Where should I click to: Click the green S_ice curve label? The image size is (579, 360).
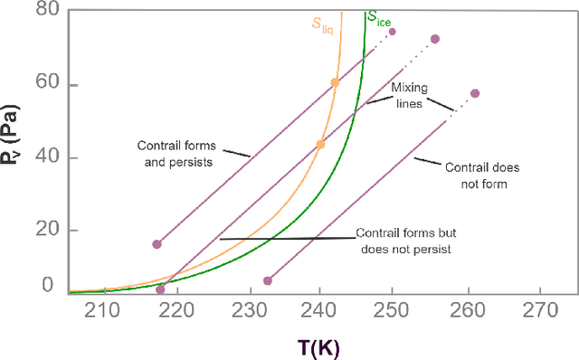(x=379, y=16)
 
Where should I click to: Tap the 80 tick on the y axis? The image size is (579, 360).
(x=44, y=11)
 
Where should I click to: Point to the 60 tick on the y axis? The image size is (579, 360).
(x=44, y=85)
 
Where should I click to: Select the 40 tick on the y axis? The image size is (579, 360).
(x=44, y=157)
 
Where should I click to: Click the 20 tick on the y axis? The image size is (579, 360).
(x=44, y=230)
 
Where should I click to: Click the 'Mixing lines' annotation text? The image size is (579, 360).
(x=409, y=96)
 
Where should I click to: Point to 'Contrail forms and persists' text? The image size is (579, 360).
(x=176, y=154)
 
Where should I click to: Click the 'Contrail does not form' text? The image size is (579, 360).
(x=475, y=175)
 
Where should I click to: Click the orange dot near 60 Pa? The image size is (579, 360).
(x=335, y=82)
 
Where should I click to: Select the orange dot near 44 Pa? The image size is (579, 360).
(x=320, y=144)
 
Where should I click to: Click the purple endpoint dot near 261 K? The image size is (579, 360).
(x=475, y=93)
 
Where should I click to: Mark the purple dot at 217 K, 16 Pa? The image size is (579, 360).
(x=157, y=244)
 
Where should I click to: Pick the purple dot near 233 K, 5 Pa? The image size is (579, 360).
(x=267, y=280)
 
